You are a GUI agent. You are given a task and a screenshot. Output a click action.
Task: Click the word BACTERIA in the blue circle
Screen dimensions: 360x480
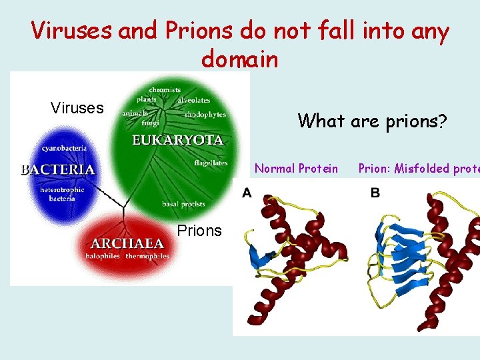coord(58,169)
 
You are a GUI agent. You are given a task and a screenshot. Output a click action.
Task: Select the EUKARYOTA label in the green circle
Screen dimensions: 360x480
coord(177,141)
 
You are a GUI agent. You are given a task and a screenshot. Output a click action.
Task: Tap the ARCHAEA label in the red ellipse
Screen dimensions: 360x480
coord(127,243)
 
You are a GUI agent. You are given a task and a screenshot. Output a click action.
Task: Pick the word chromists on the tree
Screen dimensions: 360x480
coord(165,90)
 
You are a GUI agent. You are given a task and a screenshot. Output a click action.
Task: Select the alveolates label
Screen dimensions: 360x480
coord(194,100)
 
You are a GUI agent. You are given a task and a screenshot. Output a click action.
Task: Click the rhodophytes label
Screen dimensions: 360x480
coord(205,114)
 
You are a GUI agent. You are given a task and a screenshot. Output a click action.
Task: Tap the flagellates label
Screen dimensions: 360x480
coord(211,163)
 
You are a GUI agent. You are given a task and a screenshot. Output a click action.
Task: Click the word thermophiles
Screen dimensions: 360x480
coord(149,255)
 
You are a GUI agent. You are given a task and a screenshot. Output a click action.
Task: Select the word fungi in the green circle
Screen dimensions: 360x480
coord(151,122)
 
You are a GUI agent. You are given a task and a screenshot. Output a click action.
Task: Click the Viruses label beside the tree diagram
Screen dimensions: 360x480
coord(77,108)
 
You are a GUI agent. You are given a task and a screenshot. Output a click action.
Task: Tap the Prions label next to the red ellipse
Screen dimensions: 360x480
coord(199,231)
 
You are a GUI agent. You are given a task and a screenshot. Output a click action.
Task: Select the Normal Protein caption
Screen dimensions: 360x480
coord(296,169)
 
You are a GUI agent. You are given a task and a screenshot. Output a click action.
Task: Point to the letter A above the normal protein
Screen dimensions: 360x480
coord(247,193)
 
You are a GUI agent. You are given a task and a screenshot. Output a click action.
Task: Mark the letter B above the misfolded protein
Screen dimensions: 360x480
coord(375,193)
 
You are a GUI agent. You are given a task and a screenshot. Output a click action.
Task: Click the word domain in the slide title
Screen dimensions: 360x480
coord(239,59)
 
